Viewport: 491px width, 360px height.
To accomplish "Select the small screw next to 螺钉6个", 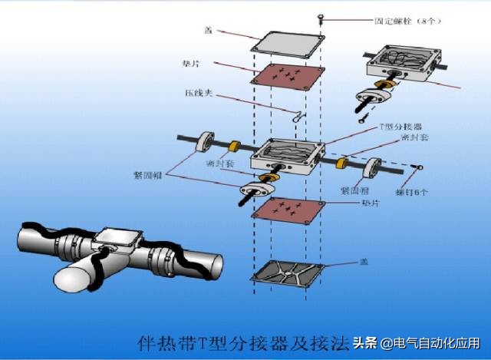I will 420,165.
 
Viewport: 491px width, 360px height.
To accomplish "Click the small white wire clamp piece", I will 298,115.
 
